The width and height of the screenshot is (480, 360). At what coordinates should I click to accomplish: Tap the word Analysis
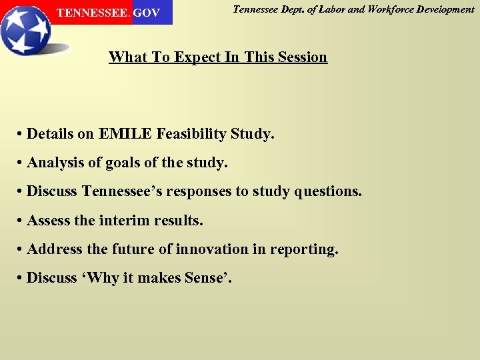click(55, 163)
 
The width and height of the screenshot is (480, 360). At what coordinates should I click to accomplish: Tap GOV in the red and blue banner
click(147, 13)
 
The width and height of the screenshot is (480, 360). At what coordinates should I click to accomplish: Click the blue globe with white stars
click(25, 30)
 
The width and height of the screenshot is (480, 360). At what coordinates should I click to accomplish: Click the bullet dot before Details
click(21, 135)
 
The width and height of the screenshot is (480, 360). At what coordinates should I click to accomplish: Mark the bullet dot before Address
click(21, 249)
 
